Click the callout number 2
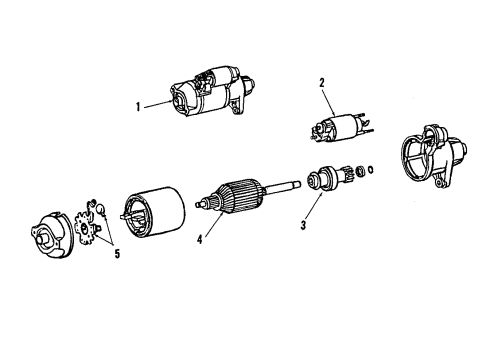coord(321,84)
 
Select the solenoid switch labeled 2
coord(336,133)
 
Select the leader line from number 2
coord(327,105)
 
